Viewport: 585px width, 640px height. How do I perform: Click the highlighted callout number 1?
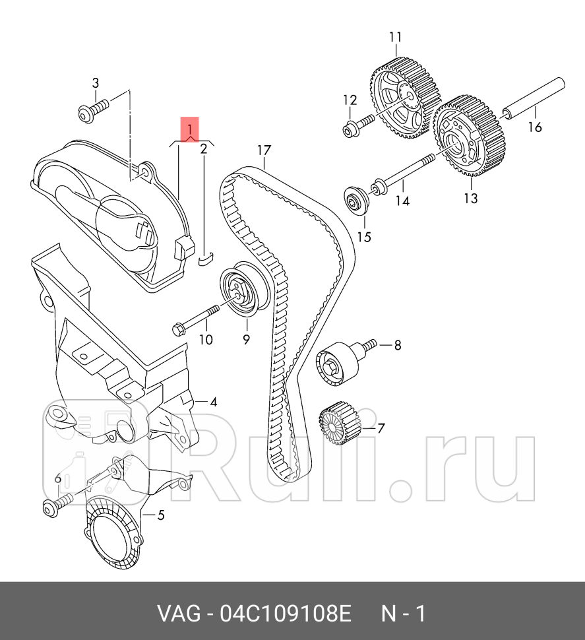189,127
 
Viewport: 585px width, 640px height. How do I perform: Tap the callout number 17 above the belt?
264,150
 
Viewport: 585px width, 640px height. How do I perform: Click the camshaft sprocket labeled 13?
470,136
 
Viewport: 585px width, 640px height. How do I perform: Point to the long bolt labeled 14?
402,176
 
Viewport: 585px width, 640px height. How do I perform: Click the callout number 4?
214,402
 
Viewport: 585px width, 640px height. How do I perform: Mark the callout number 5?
160,515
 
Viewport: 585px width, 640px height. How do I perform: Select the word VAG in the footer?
179,614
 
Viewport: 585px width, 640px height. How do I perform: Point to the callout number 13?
470,198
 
